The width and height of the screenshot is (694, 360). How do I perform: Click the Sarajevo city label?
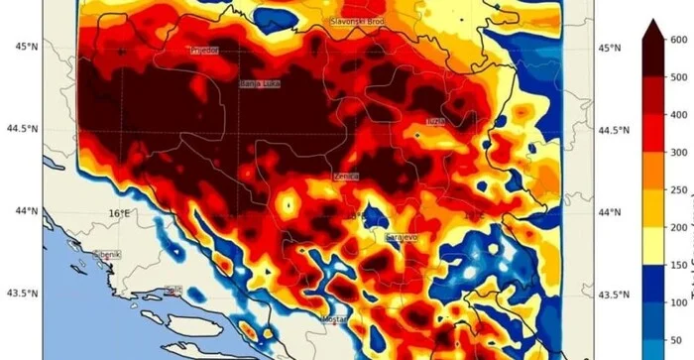click(402, 238)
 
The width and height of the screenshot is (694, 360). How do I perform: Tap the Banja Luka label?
click(260, 84)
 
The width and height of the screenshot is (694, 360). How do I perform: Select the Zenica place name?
click(346, 177)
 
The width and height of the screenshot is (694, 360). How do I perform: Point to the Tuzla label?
click(435, 121)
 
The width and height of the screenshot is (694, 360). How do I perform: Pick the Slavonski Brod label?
click(357, 20)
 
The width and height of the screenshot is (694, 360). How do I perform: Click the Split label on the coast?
click(173, 291)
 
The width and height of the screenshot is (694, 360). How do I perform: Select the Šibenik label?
click(106, 255)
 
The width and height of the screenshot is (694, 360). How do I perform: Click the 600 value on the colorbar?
click(679, 40)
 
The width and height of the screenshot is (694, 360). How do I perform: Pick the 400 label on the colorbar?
click(679, 115)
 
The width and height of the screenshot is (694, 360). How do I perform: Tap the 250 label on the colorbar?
click(679, 189)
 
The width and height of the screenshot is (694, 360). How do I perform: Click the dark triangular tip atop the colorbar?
click(652, 29)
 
